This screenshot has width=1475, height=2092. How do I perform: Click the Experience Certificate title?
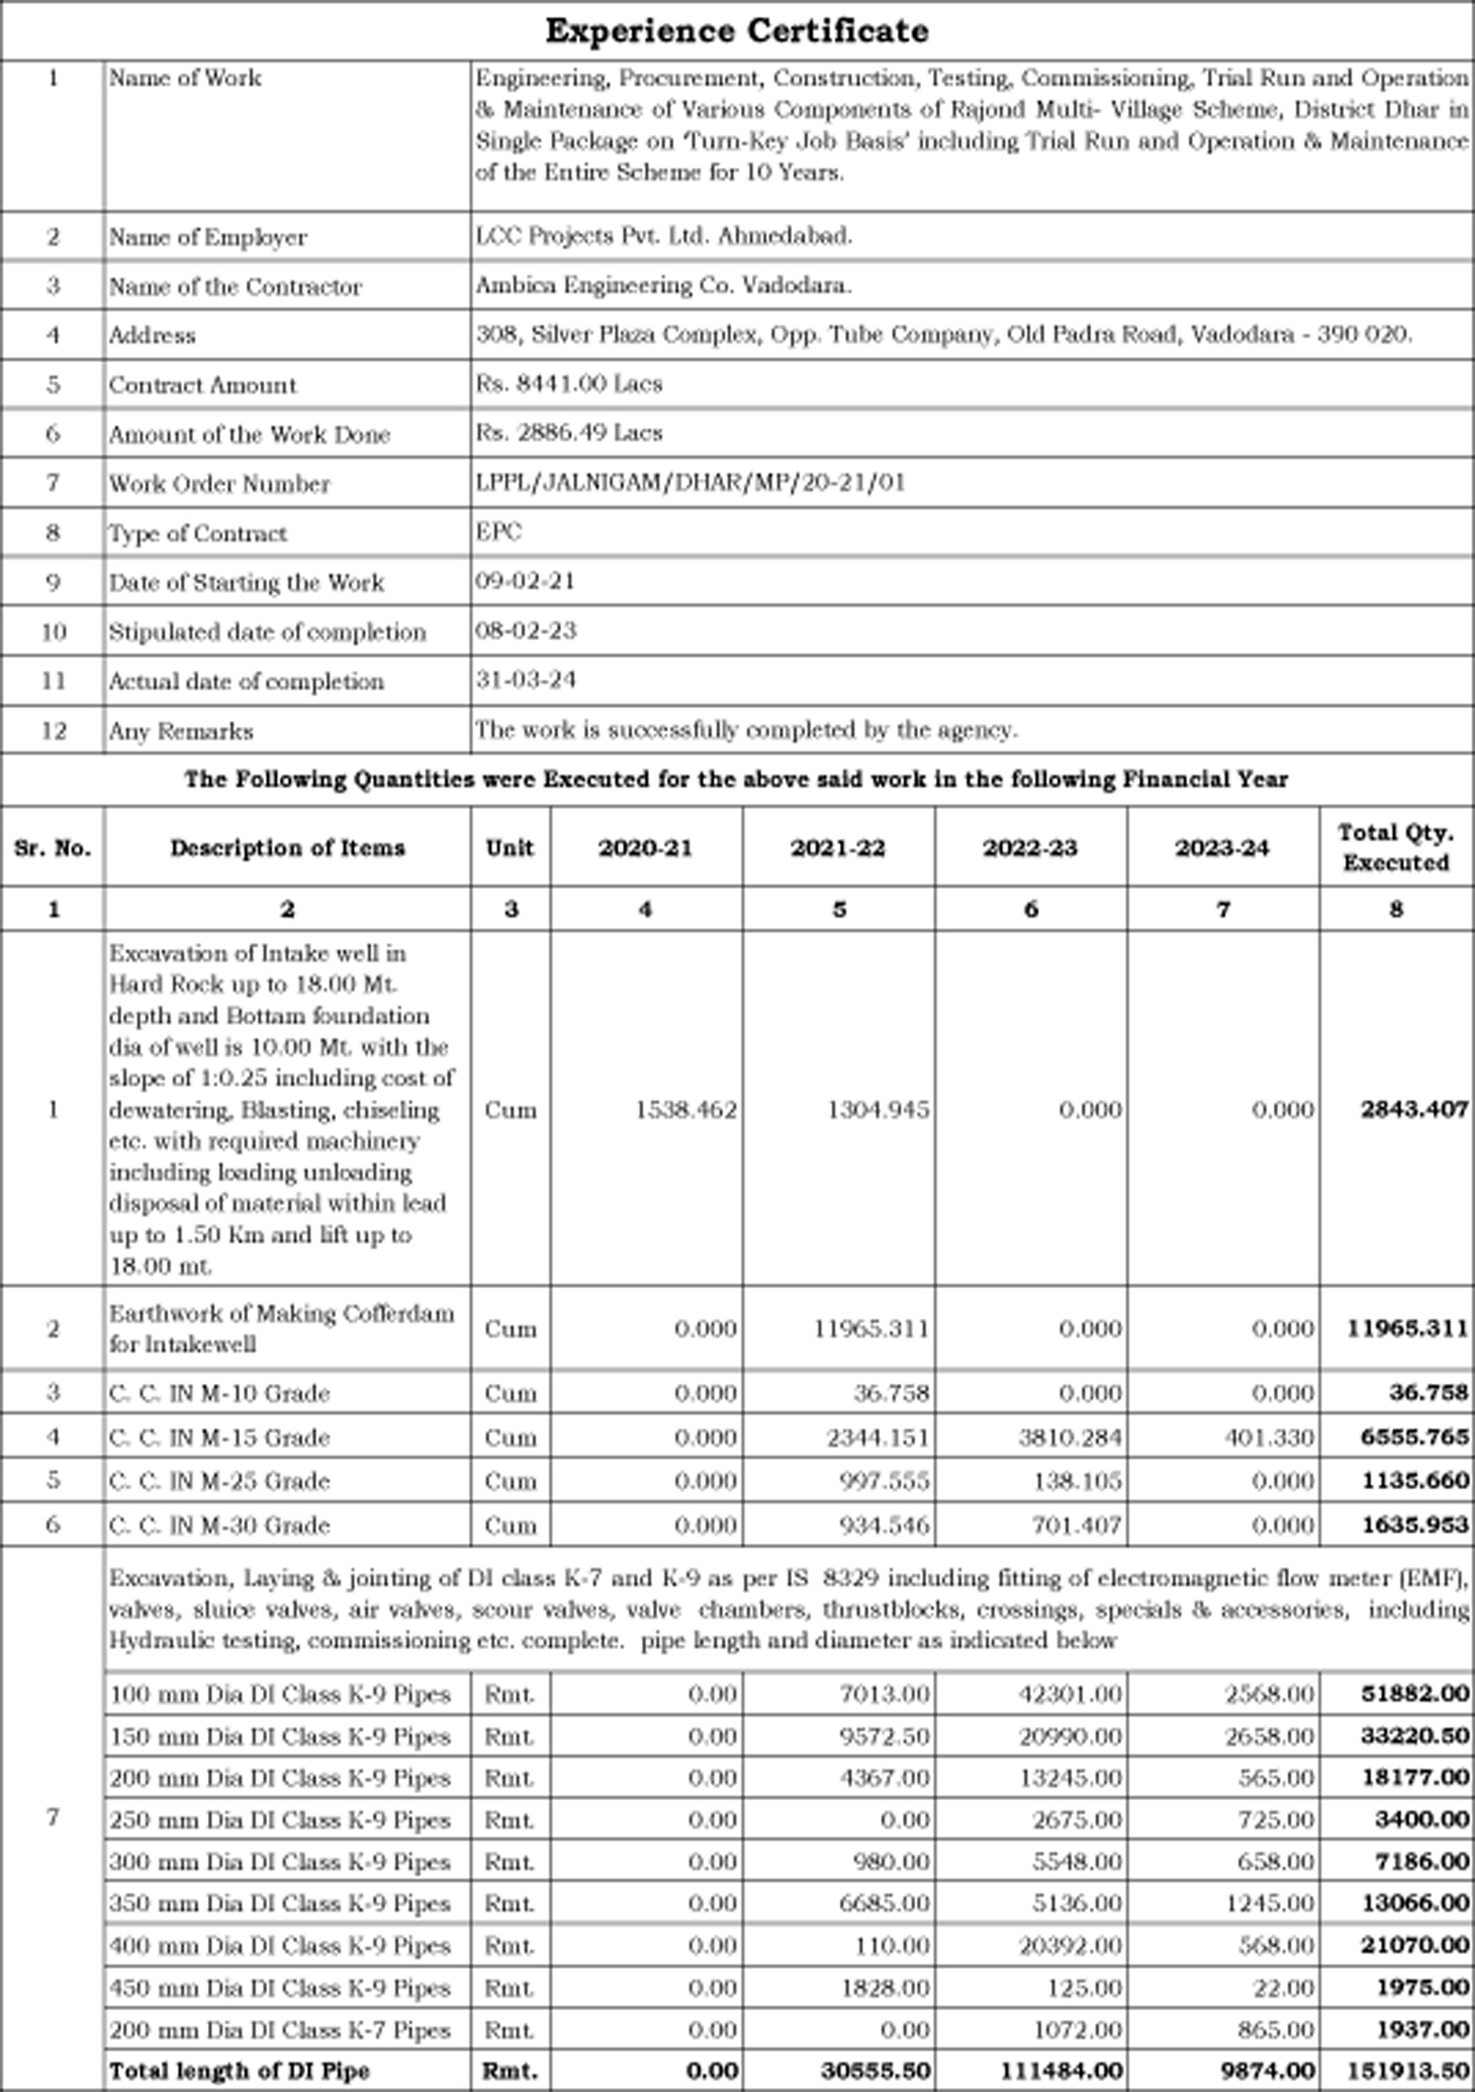point(736,31)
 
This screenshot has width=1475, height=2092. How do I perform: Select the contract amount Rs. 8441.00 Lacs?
point(568,384)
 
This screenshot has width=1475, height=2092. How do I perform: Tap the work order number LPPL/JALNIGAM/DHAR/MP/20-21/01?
point(690,482)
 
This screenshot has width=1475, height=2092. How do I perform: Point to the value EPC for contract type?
point(499,531)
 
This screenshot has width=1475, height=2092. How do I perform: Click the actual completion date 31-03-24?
point(525,680)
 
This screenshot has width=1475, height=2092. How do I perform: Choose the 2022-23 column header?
point(1029,847)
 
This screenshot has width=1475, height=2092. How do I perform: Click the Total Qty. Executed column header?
point(1395,847)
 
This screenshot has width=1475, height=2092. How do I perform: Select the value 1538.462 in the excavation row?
point(685,1110)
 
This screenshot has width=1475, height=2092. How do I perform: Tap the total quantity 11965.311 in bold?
point(1406,1328)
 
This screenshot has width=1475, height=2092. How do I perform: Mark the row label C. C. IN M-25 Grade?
point(219,1481)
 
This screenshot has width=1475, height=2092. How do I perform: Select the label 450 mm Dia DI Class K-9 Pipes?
point(280,1987)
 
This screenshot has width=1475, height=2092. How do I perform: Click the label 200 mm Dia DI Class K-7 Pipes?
point(280,2030)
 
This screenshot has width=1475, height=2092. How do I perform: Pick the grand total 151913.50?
point(1406,2070)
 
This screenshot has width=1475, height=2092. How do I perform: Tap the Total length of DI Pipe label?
point(239,2070)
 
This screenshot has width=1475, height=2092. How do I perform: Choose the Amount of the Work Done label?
point(249,435)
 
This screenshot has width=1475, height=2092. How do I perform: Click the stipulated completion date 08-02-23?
point(525,630)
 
